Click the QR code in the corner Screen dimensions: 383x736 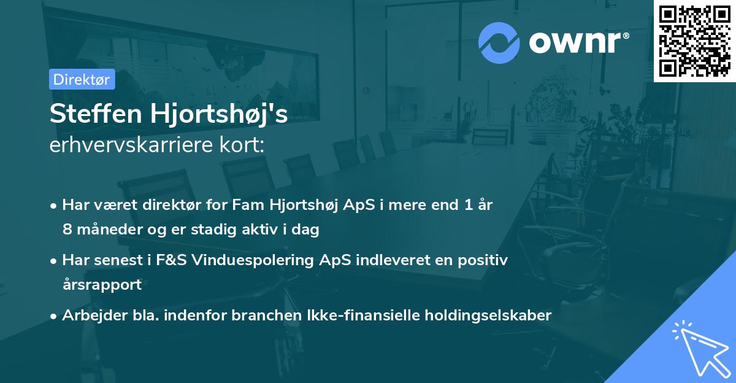(x=695, y=41)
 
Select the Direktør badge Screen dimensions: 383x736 (x=82, y=79)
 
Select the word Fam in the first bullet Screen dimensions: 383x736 (x=264, y=205)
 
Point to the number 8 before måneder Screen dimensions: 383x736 (x=67, y=230)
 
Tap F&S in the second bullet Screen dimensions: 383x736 (x=171, y=260)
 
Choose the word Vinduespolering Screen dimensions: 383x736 (x=254, y=260)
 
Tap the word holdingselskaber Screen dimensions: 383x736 (x=485, y=315)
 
